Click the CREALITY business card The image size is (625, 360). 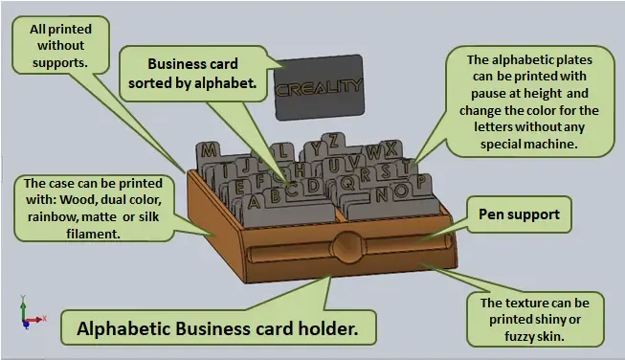coord(319,87)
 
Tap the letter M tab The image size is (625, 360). coord(209,150)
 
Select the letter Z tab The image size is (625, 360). coord(333,141)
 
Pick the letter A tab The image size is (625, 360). coord(254,203)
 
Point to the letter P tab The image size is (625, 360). coord(421,182)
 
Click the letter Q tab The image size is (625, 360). coord(347,184)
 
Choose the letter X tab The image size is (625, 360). coord(391,148)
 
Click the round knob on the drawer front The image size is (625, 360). coord(347,248)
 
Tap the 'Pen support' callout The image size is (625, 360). coord(519,214)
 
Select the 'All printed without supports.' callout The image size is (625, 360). coord(60,45)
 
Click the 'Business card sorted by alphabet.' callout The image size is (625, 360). coord(193,74)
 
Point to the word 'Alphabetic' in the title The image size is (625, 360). coord(123,329)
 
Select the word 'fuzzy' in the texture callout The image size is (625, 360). coord(519,336)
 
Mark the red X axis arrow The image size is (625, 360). coord(35,320)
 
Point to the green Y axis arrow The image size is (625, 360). coord(23,308)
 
